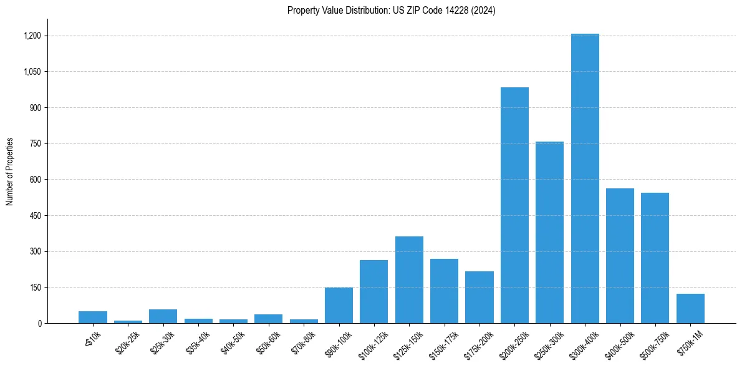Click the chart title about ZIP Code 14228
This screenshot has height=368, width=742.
(x=391, y=11)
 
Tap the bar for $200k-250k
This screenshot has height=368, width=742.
(x=514, y=205)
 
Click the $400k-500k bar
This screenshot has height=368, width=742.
(x=620, y=256)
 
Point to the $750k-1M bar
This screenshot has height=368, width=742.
(x=690, y=309)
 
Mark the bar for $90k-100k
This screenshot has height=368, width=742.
(x=339, y=306)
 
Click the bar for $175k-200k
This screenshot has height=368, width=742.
(x=479, y=297)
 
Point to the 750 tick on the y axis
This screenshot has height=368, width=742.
(x=36, y=144)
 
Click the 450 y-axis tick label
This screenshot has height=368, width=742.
(x=36, y=216)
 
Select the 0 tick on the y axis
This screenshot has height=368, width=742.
(x=39, y=324)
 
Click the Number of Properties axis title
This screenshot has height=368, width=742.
(x=10, y=172)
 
